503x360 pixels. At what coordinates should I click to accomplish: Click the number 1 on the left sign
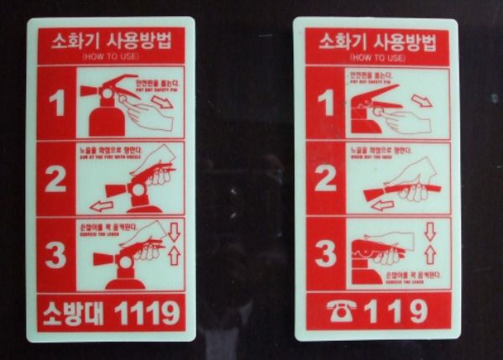(x=55, y=103)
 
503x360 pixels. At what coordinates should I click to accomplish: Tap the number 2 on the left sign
(x=55, y=179)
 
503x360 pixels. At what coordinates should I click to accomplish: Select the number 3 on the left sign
(x=55, y=255)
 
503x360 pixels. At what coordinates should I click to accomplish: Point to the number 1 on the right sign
(x=325, y=102)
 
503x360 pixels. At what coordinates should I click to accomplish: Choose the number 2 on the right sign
(x=325, y=177)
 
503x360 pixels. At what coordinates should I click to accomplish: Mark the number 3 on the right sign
(x=325, y=252)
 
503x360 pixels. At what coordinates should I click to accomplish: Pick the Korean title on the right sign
(x=376, y=42)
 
